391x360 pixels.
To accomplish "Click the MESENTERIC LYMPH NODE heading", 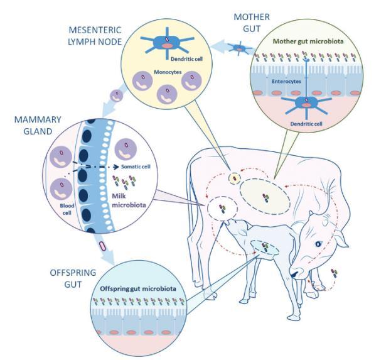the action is click(95, 36).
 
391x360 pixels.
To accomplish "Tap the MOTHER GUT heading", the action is click(252, 23).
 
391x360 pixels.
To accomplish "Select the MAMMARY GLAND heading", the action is click(38, 125).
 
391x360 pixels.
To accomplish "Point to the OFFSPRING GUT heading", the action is click(73, 278).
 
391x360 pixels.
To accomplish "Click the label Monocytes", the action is click(168, 72).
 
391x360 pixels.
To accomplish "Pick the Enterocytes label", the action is click(287, 82).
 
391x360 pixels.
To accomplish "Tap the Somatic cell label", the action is click(136, 166).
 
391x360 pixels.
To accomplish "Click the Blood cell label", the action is click(67, 209).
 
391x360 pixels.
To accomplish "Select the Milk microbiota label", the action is click(129, 200).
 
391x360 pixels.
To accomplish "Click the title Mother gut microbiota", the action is click(308, 41).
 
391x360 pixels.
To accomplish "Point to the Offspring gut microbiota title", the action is click(138, 288).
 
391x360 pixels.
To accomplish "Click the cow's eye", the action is click(318, 244).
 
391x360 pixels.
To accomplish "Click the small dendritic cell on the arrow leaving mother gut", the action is click(239, 48).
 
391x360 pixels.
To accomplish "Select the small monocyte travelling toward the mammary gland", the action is click(117, 96).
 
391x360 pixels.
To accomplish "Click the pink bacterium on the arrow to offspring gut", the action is click(103, 246).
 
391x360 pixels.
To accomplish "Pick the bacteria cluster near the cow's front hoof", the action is click(334, 273).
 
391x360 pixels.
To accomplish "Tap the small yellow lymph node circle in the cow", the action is click(234, 178).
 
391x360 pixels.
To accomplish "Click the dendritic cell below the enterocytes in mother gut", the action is click(306, 104).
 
